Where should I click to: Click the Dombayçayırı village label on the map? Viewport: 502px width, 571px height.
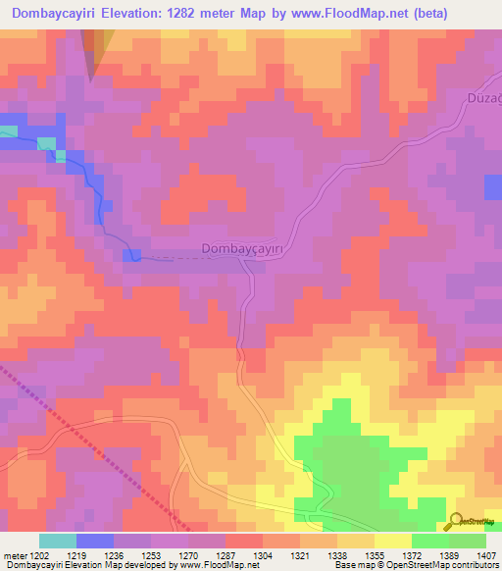[241, 250]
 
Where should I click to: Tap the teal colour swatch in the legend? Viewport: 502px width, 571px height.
[58, 541]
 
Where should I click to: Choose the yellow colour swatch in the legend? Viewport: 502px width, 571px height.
[392, 541]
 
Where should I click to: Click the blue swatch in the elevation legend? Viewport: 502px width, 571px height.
[95, 541]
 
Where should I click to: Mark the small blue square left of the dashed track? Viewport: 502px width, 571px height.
[131, 255]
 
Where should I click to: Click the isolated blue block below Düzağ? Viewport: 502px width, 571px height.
[492, 187]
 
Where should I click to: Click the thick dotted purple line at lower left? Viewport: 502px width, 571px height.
[88, 442]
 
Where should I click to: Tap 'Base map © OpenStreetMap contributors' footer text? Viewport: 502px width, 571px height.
[415, 565]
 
